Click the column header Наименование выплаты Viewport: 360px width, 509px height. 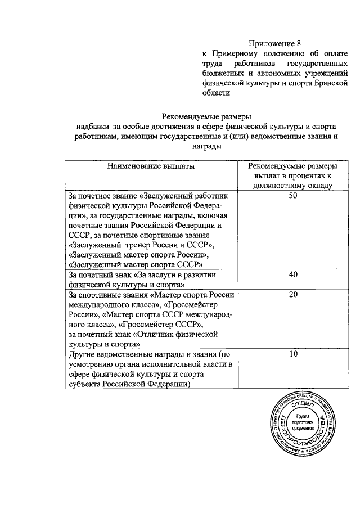click(x=151, y=166)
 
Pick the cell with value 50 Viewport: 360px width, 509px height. click(x=292, y=195)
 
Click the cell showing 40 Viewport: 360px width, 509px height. click(x=292, y=274)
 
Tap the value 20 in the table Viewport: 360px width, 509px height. click(x=292, y=294)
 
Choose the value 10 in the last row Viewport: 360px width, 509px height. click(x=292, y=355)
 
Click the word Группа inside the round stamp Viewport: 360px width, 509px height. click(x=301, y=416)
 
